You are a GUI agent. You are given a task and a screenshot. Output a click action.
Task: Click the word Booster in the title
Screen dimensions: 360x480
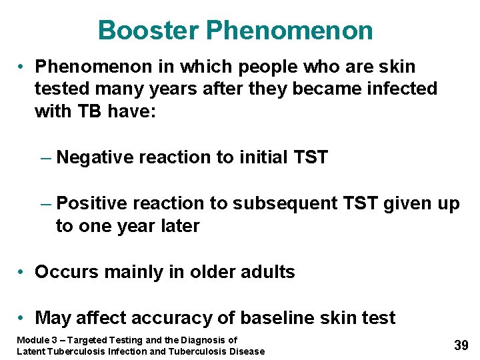pos(148,31)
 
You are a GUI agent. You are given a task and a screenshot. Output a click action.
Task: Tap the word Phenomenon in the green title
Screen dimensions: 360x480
pos(289,31)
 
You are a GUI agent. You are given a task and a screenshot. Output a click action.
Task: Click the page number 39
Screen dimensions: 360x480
pos(461,345)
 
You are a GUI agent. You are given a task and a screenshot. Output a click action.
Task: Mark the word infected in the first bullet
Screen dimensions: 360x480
pos(396,88)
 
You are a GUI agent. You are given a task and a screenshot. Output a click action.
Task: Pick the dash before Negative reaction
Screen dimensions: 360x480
pos(45,158)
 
